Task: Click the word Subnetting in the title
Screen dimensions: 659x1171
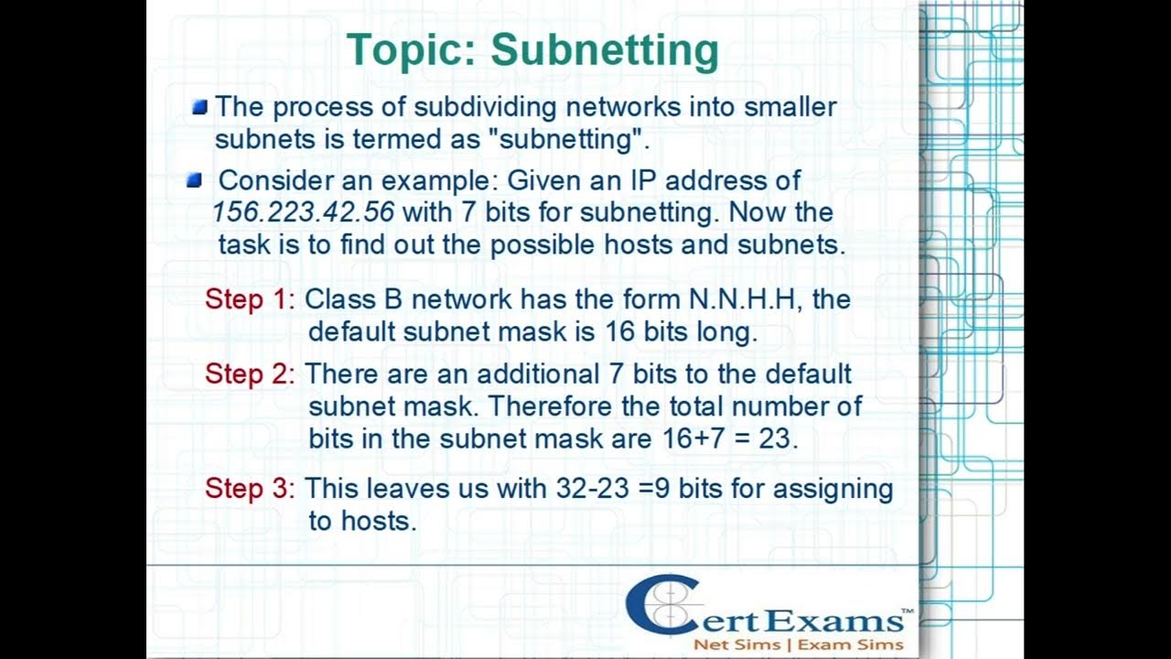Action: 605,51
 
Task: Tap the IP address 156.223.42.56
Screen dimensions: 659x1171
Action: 303,212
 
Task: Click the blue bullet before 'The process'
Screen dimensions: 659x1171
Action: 199,107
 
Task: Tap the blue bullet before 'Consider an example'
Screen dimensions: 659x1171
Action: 194,180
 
